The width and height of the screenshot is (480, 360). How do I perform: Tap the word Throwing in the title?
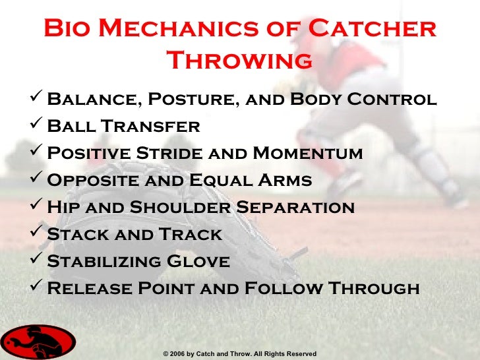click(240, 61)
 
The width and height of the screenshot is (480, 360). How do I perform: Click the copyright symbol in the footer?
click(165, 354)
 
